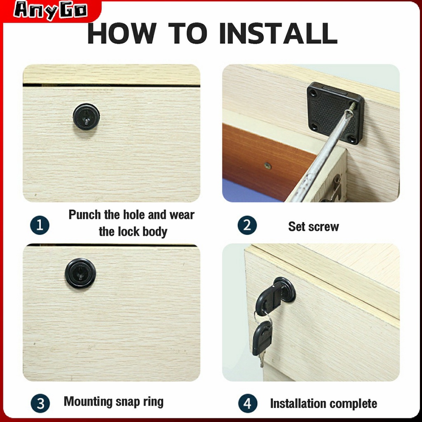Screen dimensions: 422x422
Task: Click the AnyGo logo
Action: tap(51, 11)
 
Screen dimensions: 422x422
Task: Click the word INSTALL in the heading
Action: tap(278, 33)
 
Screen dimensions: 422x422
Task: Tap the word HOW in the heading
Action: tap(122, 33)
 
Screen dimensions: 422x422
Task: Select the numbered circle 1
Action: tap(40, 225)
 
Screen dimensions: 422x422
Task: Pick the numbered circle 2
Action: tap(247, 225)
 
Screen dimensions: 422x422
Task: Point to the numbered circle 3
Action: tap(40, 403)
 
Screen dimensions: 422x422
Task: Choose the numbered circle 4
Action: tap(248, 403)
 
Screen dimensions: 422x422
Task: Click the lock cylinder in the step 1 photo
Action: tap(86, 117)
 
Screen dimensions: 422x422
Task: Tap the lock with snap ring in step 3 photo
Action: tap(80, 273)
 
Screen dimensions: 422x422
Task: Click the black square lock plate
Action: tap(335, 113)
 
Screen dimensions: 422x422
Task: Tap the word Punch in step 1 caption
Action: tap(85, 215)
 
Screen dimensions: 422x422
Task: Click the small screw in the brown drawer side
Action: tap(267, 166)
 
